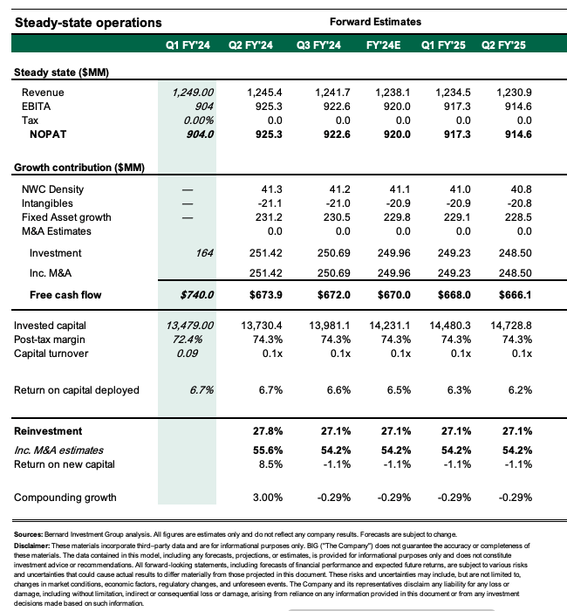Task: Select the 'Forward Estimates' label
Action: coord(375,21)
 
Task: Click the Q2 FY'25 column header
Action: coord(508,43)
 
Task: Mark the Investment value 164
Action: coord(203,252)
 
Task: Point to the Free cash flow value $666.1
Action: coord(511,294)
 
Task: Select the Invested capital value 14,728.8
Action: coord(509,325)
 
